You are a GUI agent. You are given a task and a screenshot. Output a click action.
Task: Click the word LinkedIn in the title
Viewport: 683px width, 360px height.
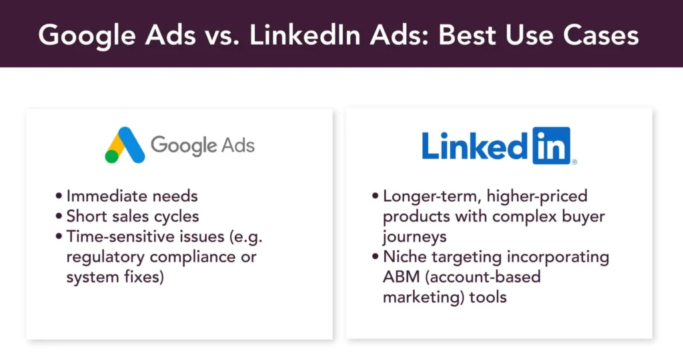click(305, 35)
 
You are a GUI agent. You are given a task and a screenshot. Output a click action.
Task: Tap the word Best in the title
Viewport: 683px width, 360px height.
click(466, 35)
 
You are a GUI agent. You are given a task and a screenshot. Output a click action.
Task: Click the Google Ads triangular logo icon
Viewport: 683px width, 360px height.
click(125, 145)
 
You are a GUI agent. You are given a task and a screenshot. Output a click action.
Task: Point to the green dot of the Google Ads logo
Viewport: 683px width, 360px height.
click(111, 156)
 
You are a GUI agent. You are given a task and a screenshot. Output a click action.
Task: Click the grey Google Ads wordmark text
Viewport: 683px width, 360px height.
click(203, 145)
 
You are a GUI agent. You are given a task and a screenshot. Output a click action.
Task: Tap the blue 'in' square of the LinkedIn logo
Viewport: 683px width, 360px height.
click(552, 145)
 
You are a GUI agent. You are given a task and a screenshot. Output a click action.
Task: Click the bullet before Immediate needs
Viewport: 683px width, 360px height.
click(59, 196)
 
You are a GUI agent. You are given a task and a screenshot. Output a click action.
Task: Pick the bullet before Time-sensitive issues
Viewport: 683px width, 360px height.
click(59, 237)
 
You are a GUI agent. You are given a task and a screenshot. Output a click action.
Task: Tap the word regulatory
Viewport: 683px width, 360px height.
click(105, 257)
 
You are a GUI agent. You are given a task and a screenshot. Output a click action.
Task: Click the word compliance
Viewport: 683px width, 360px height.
click(192, 257)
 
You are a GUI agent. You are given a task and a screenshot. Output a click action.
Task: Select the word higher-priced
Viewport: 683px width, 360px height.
click(537, 196)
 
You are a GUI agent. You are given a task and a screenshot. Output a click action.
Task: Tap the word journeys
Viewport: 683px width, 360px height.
click(415, 237)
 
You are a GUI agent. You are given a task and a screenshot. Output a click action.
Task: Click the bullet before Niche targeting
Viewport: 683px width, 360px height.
click(376, 257)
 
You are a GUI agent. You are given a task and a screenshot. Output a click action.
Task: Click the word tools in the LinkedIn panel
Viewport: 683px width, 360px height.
click(488, 297)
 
